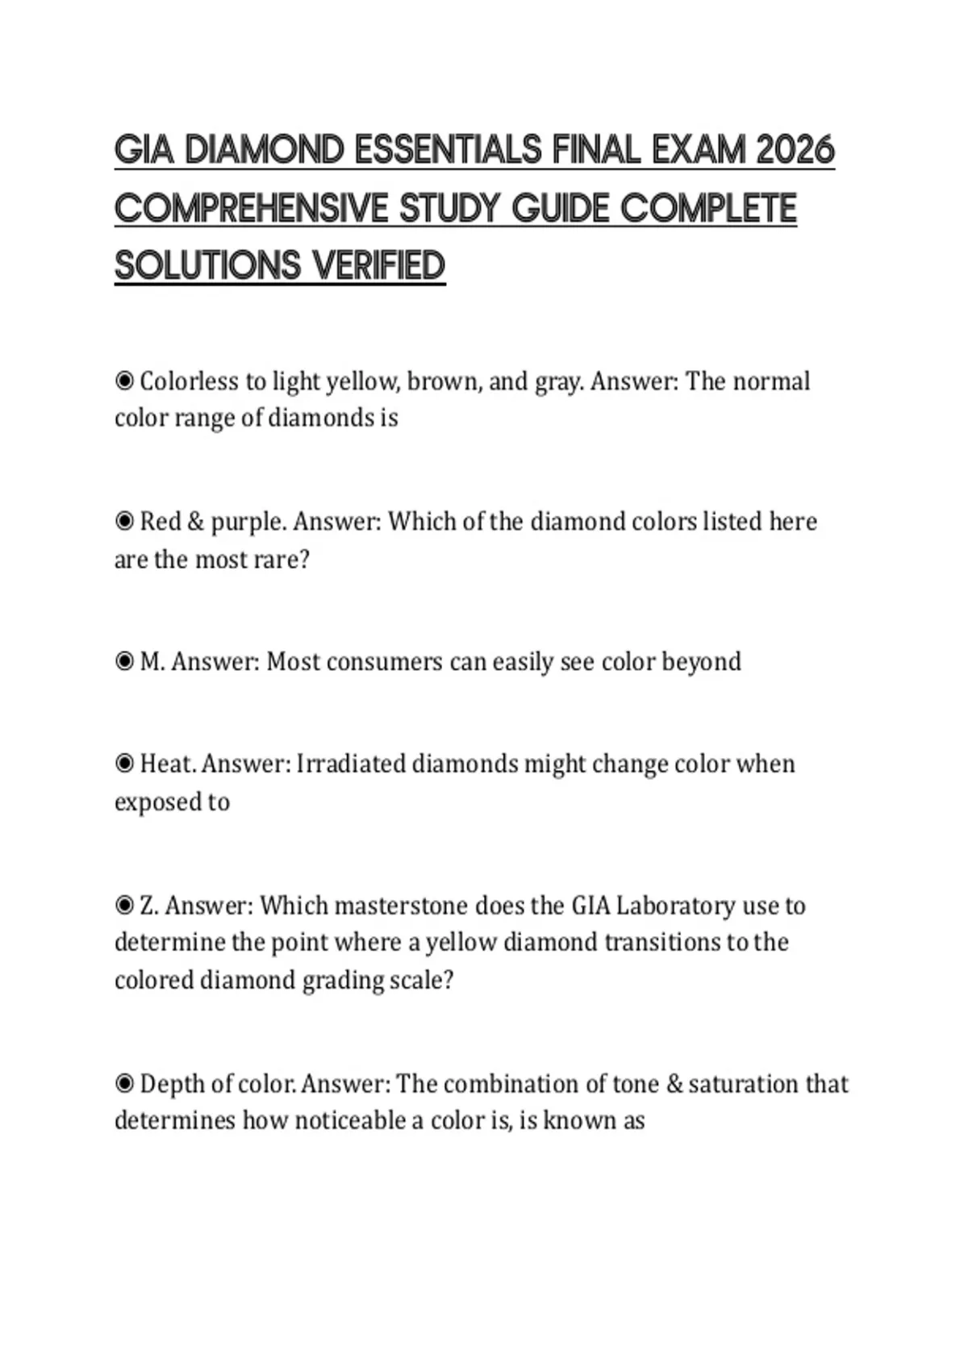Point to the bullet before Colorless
pos(124,381)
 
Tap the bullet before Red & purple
pos(124,522)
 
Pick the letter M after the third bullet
pos(148,662)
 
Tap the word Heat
pos(168,764)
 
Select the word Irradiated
pos(351,764)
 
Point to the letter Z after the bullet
pos(148,906)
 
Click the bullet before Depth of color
pos(124,1083)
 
